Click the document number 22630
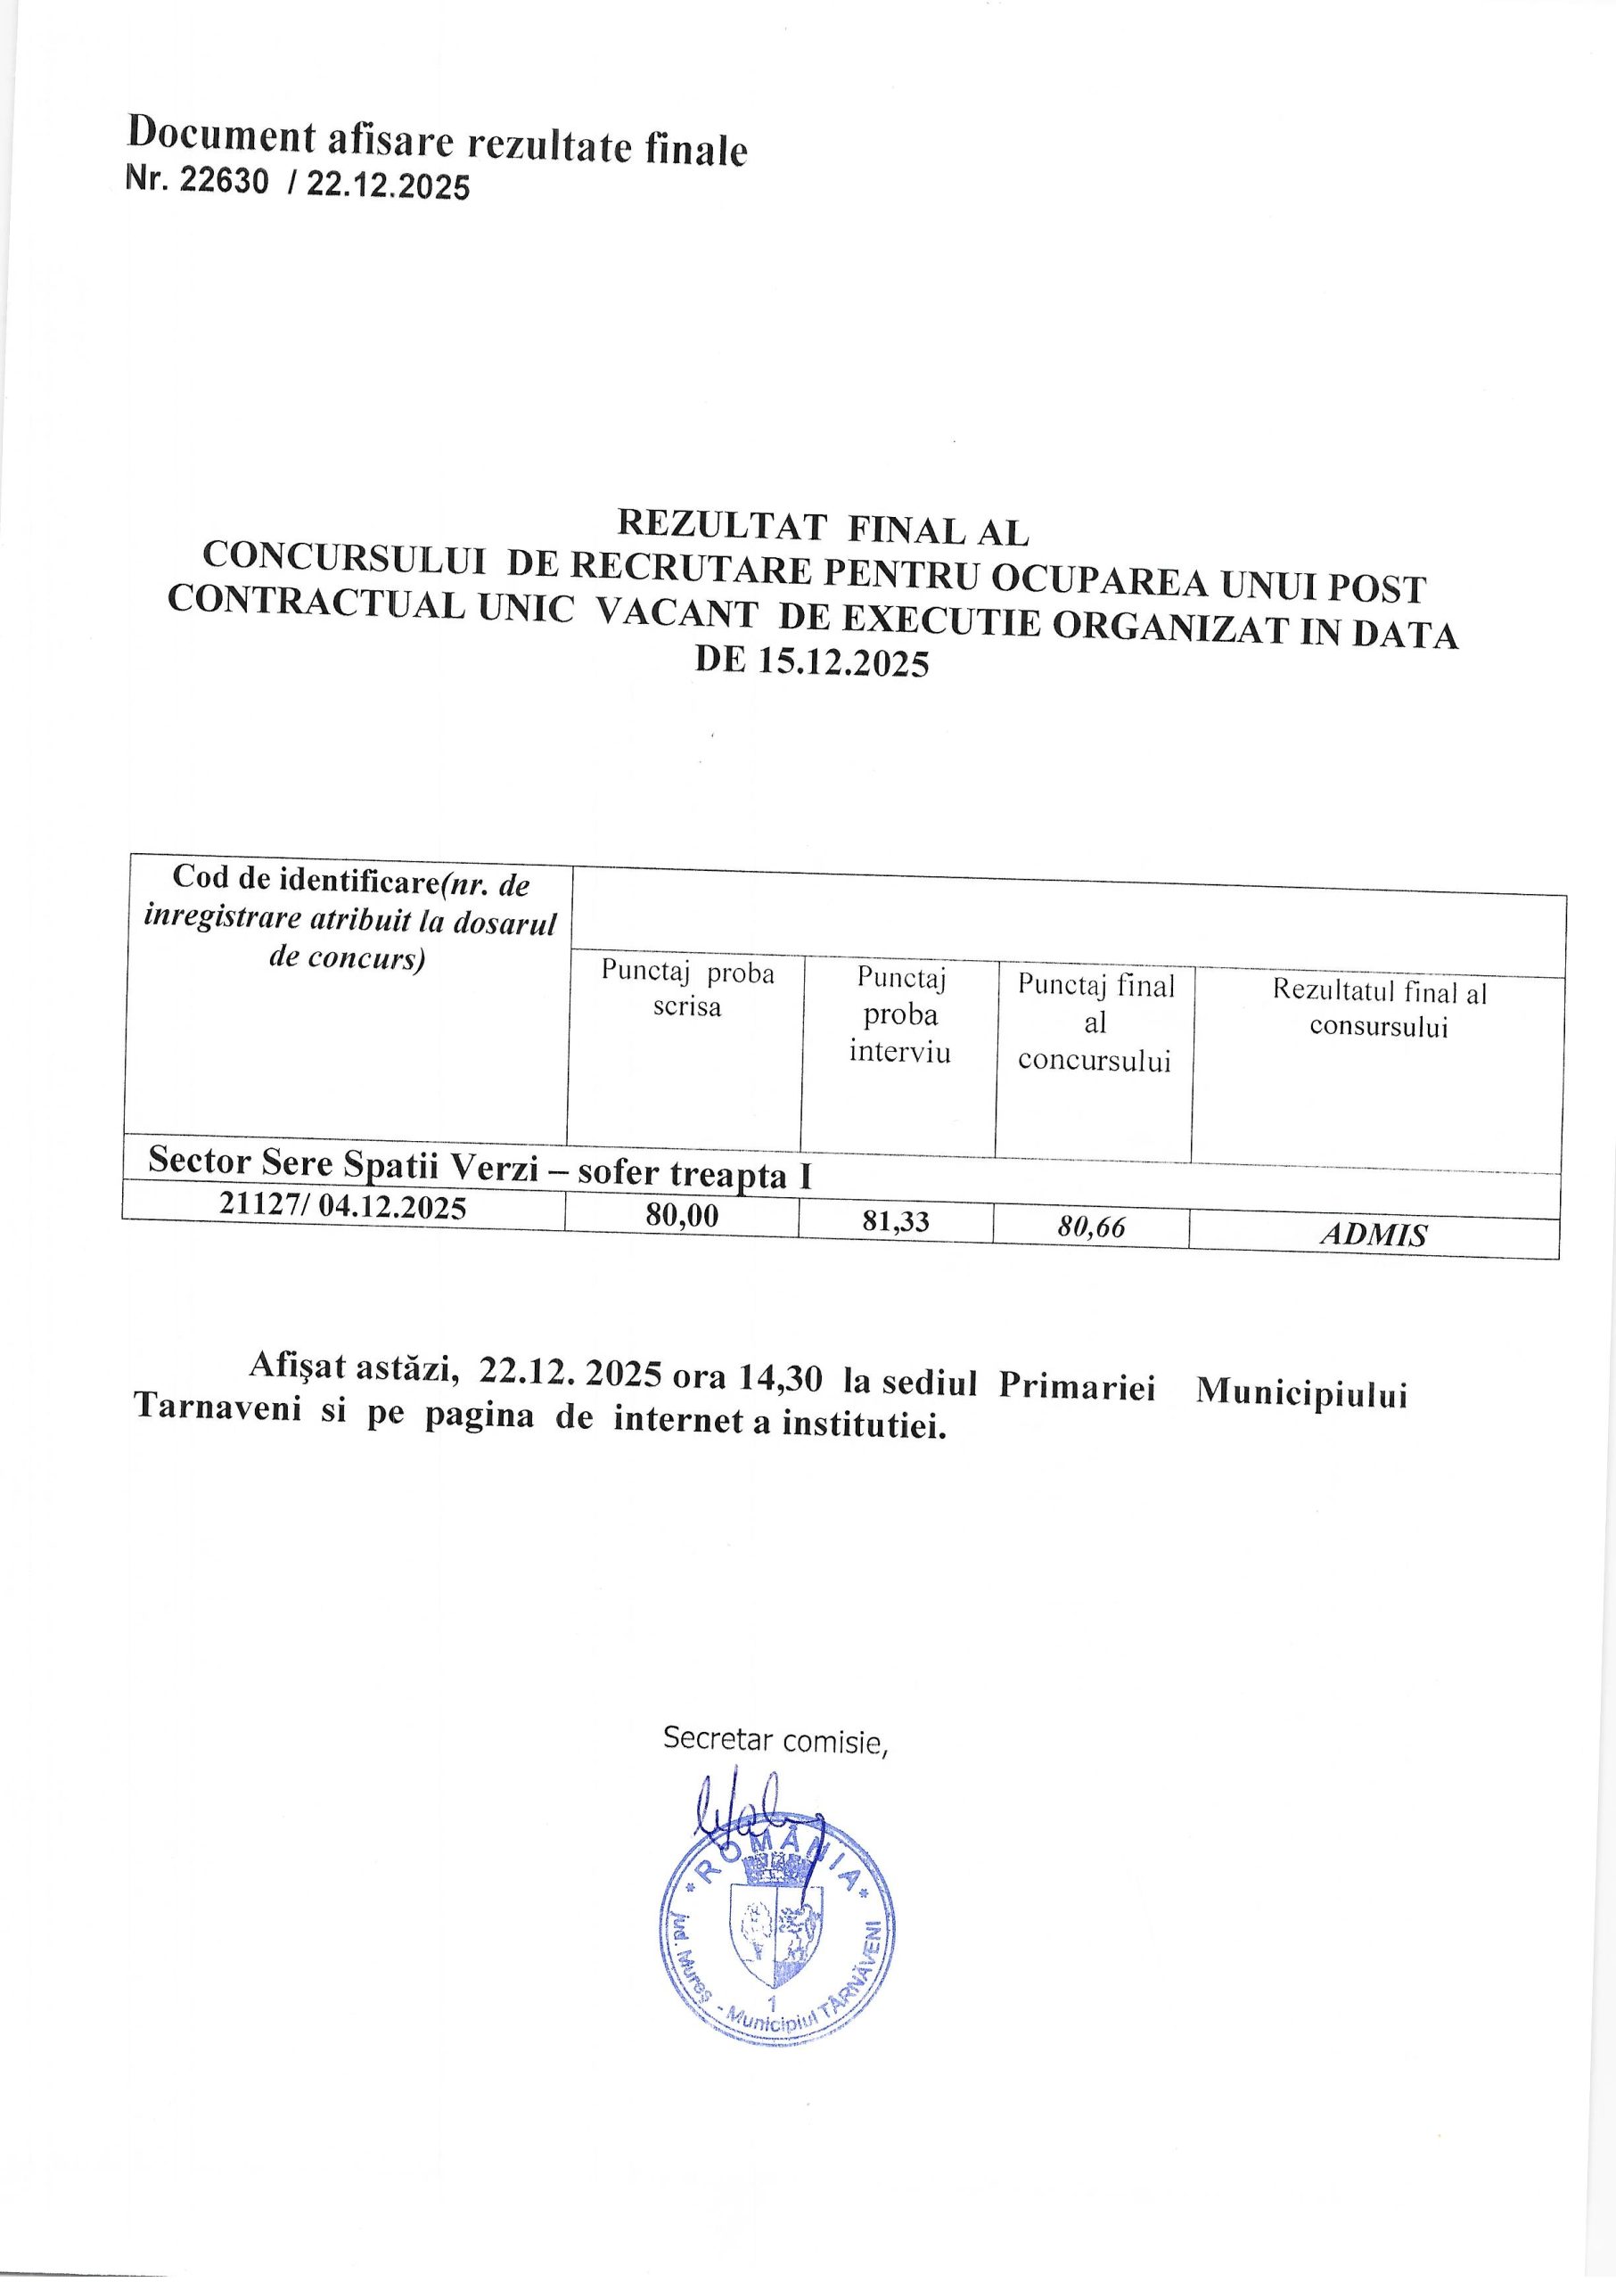coord(223,181)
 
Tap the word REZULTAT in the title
coord(721,525)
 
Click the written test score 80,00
coord(681,1215)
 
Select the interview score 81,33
coord(895,1222)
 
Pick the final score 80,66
coord(1091,1227)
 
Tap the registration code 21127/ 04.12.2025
coord(343,1207)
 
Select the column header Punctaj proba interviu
coord(899,1015)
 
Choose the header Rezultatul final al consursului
coord(1378,1008)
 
